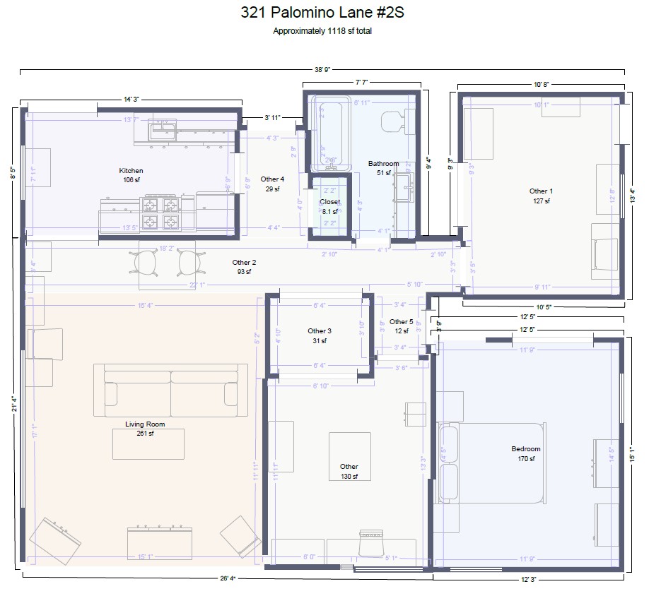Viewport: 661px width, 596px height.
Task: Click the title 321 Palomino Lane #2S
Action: click(x=322, y=13)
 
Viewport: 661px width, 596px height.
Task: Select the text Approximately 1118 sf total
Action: click(x=322, y=31)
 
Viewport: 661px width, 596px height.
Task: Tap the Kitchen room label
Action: click(x=131, y=171)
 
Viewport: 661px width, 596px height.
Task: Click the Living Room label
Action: click(x=145, y=424)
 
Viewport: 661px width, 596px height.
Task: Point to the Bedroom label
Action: click(x=525, y=449)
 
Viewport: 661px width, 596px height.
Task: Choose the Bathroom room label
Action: click(x=383, y=164)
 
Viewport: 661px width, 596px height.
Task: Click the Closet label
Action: click(x=329, y=202)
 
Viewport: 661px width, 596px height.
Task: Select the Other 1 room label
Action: click(x=541, y=191)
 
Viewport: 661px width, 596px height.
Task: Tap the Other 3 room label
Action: click(x=320, y=331)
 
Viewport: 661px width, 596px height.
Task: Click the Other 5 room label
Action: click(x=401, y=322)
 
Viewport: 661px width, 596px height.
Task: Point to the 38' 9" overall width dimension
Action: click(x=322, y=70)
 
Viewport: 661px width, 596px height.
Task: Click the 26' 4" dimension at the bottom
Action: click(x=228, y=579)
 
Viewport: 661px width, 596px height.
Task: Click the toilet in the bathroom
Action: click(x=393, y=121)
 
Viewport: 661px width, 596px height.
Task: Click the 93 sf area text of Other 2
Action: click(x=244, y=272)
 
